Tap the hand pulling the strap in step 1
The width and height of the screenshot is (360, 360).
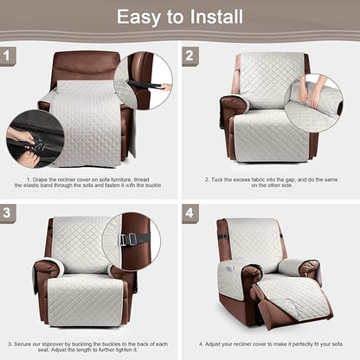[163, 87]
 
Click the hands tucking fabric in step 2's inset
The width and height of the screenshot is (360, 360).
[318, 90]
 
